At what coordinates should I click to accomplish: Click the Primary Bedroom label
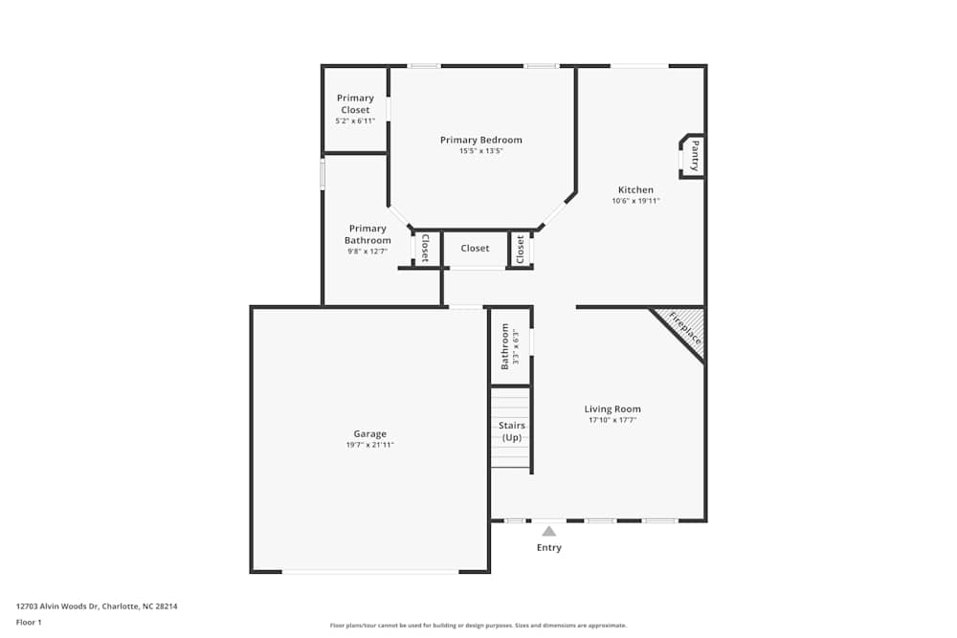tap(480, 140)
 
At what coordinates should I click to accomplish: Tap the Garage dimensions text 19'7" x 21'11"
tap(369, 445)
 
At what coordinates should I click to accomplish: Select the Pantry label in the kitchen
tap(695, 155)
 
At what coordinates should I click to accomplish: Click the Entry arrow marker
tap(548, 531)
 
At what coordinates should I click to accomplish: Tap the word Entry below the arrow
tap(548, 548)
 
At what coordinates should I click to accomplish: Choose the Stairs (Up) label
tap(512, 431)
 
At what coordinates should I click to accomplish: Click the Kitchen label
tap(635, 189)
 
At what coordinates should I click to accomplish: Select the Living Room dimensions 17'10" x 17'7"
tap(612, 420)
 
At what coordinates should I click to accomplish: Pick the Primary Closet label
tap(355, 103)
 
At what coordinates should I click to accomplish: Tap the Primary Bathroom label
tap(367, 234)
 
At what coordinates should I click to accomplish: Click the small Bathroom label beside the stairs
tap(506, 345)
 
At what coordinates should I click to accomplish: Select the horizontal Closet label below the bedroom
tap(475, 249)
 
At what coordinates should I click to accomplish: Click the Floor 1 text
tap(29, 622)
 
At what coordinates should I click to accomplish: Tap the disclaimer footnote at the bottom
tap(478, 626)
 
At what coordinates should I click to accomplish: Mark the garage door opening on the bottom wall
tap(370, 572)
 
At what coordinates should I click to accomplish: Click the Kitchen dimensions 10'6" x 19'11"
tap(635, 201)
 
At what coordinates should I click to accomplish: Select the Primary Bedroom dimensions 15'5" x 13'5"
tap(480, 151)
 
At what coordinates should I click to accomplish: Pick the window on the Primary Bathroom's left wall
tap(323, 173)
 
